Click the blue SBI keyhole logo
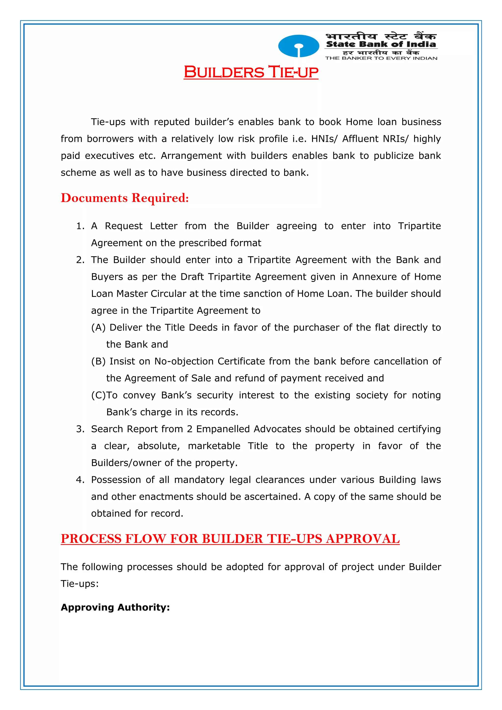point(298,46)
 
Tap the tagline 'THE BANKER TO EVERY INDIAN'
point(381,58)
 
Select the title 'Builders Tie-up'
point(251,72)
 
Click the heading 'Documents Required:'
point(125,198)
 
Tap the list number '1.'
point(80,226)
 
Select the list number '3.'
point(80,429)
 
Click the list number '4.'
point(80,480)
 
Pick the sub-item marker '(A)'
point(98,327)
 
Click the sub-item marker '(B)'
point(98,361)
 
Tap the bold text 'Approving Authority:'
point(115,607)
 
